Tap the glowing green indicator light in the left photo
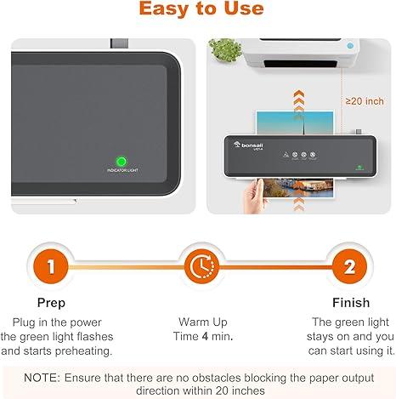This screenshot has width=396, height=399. pos(122,161)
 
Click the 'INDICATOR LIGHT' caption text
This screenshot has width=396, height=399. pos(122,172)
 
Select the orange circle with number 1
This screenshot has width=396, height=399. pos(52,266)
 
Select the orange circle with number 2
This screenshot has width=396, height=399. pos(349,266)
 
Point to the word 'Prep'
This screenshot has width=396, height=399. pos(52,303)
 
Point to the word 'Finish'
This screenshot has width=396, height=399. pos(350,303)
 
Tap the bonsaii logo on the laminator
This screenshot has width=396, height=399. pos(254,146)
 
